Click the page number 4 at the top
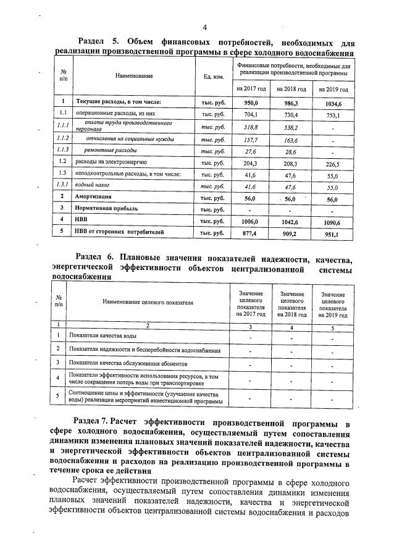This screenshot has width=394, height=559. (204, 27)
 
